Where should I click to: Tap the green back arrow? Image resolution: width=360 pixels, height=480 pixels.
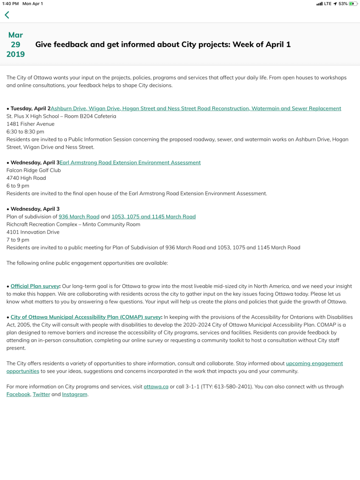[x=7, y=15]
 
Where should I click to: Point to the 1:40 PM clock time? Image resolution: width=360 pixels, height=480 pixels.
[x=10, y=4]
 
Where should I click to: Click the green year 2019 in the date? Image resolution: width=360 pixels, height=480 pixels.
[x=15, y=54]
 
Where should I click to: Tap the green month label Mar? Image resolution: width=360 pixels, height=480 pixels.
[x=15, y=35]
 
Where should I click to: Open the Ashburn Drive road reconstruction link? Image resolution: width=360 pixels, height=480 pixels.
[x=195, y=108]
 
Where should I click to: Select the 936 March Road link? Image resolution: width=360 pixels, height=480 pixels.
[x=79, y=216]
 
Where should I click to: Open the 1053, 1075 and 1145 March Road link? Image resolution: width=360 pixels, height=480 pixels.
[x=153, y=216]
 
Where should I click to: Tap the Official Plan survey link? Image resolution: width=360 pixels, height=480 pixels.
[x=35, y=286]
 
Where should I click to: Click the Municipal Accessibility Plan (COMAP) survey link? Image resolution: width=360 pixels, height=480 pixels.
[x=85, y=317]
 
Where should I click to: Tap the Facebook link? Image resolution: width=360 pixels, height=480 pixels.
[x=18, y=394]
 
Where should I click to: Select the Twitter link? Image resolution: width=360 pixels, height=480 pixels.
[x=41, y=394]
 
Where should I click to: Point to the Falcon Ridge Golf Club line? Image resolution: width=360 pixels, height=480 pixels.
[x=33, y=170]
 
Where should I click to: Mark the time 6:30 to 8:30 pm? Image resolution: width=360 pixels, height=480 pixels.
[x=25, y=132]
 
